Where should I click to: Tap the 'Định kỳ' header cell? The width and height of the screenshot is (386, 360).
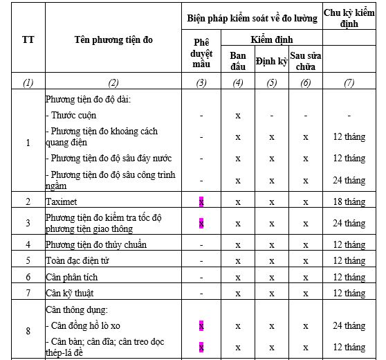[x=271, y=61]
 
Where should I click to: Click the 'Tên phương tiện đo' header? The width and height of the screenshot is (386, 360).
[x=113, y=40]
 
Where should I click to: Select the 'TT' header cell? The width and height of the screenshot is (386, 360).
[x=28, y=40]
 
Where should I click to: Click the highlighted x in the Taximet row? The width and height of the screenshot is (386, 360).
[x=201, y=201]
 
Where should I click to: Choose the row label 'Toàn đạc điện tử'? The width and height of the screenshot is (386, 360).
[x=77, y=261]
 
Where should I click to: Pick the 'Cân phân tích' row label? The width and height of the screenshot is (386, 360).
[x=71, y=277]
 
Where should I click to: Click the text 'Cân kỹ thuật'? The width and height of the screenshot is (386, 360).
[x=70, y=293]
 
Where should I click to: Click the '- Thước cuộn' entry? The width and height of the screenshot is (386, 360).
[x=72, y=116]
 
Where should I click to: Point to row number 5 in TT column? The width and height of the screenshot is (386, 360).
[x=28, y=261]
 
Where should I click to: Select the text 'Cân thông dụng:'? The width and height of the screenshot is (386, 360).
[x=77, y=309]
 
